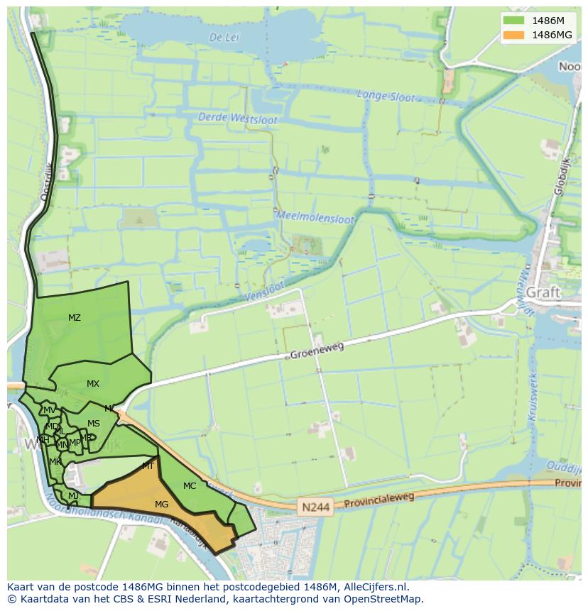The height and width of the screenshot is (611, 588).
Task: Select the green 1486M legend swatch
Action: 513,21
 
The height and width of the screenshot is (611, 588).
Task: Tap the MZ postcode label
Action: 75,318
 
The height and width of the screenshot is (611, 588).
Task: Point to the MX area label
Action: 93,384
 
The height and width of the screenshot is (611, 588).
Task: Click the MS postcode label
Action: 94,424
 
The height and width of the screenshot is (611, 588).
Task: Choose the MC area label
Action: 190,486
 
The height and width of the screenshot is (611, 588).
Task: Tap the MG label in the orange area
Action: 162,504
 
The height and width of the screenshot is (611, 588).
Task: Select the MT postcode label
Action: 148,466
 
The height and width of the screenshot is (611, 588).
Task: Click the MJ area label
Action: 73,495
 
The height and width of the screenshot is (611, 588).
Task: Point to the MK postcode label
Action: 55,462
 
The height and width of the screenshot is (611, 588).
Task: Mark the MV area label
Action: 50,410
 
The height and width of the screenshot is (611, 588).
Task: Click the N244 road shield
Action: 314,507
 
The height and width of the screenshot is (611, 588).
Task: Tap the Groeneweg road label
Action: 317,350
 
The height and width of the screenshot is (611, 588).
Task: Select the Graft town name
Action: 543,292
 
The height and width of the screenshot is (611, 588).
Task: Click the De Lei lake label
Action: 223,38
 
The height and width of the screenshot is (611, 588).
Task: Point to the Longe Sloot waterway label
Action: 386,96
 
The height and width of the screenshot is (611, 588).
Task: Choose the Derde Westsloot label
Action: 238,119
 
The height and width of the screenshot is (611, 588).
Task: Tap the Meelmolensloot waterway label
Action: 315,216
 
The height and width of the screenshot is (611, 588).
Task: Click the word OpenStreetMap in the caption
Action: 381,599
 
